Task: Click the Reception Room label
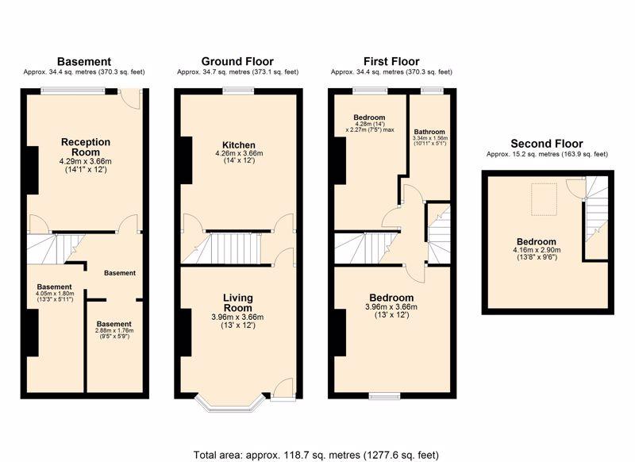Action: (86, 147)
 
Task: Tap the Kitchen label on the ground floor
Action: (239, 145)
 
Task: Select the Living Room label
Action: (238, 303)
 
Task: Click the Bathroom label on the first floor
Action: (429, 132)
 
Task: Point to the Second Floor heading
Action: (547, 144)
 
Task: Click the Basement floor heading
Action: (84, 62)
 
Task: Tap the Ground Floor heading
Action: (237, 62)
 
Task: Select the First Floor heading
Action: (391, 62)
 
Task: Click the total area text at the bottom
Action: (316, 455)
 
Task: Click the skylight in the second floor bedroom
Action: (544, 199)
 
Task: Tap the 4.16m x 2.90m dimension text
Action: (537, 250)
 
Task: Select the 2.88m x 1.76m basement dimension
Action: (114, 330)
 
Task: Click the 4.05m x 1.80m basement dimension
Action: (55, 294)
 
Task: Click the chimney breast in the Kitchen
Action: (187, 160)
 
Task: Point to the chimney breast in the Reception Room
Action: (33, 170)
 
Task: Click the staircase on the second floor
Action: (596, 214)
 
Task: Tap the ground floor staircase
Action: (227, 248)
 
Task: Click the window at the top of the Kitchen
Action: (239, 91)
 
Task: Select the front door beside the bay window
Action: (283, 390)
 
